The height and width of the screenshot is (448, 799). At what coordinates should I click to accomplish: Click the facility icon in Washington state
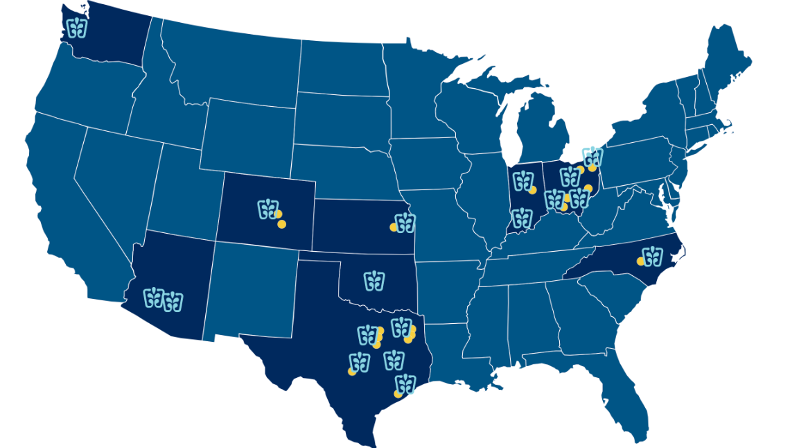[77, 28]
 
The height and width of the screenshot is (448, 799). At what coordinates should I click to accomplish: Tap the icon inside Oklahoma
[374, 281]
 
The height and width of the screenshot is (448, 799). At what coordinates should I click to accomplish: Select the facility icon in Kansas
[405, 223]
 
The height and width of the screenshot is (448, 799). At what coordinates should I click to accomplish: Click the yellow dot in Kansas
[393, 227]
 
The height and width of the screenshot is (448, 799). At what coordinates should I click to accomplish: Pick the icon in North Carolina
[653, 256]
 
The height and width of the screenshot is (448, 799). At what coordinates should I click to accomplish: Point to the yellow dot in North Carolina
[640, 261]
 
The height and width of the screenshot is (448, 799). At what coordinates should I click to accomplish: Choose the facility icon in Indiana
[523, 181]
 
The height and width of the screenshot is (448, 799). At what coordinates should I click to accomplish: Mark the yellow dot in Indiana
[533, 190]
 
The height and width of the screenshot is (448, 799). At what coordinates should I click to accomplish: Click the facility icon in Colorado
[267, 209]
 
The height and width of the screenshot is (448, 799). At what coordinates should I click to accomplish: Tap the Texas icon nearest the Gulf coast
[405, 384]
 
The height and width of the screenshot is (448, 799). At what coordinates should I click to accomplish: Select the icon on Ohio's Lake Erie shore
[592, 157]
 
